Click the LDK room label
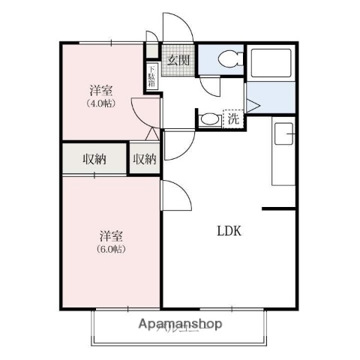coord(229,231)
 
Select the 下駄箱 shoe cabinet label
coord(151,76)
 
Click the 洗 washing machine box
coord(233,118)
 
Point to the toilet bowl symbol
coord(226,58)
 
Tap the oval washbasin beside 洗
coord(208,118)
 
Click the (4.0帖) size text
coord(100,103)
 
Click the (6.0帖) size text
coord(110,248)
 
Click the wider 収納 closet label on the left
coord(94,159)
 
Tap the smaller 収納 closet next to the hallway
coord(145,159)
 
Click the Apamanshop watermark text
coord(180,325)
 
